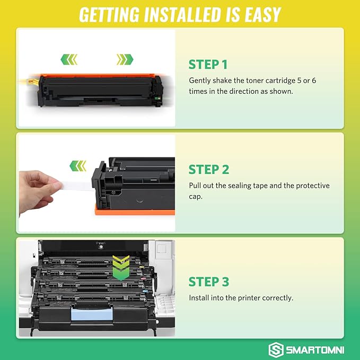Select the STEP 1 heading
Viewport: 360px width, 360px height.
208,65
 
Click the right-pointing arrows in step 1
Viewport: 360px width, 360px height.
125,58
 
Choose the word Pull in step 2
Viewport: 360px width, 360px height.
196,186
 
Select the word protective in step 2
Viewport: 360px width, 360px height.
311,186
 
